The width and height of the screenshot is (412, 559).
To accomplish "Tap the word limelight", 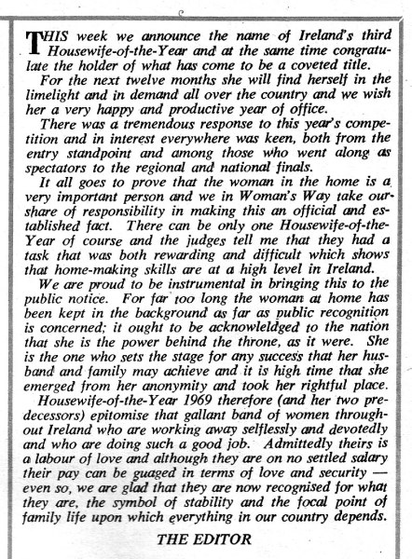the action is click(x=59, y=94).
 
